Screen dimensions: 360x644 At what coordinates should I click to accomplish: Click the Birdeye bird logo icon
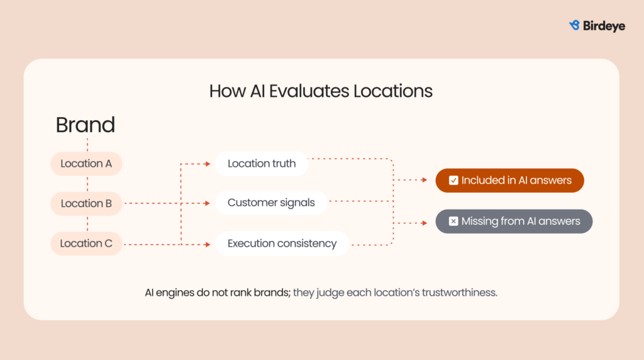click(x=574, y=25)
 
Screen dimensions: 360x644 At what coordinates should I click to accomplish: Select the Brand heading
click(x=86, y=125)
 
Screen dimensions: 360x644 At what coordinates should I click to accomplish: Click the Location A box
click(x=86, y=164)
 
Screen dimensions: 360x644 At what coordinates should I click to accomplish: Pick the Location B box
click(x=86, y=203)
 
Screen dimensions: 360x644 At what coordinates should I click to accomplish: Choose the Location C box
click(x=86, y=244)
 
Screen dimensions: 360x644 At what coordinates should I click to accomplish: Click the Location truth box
click(x=262, y=164)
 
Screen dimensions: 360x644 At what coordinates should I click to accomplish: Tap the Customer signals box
click(x=271, y=203)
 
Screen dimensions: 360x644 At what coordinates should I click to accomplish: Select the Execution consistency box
click(x=282, y=244)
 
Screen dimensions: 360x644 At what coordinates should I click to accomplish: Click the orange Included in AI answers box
click(x=509, y=180)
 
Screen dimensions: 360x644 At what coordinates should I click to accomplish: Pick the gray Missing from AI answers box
click(x=514, y=222)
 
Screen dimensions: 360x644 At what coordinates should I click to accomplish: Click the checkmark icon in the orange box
click(x=453, y=181)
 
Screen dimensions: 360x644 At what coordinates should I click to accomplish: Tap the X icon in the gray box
click(x=453, y=222)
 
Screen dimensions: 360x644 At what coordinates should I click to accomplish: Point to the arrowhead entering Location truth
click(x=208, y=164)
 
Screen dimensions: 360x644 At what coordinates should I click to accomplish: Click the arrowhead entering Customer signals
click(x=208, y=203)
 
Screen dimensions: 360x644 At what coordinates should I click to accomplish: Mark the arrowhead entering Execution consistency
click(x=208, y=244)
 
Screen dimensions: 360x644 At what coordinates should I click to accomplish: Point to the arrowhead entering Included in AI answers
click(x=425, y=180)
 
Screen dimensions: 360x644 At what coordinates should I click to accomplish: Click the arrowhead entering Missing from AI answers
click(x=425, y=222)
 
